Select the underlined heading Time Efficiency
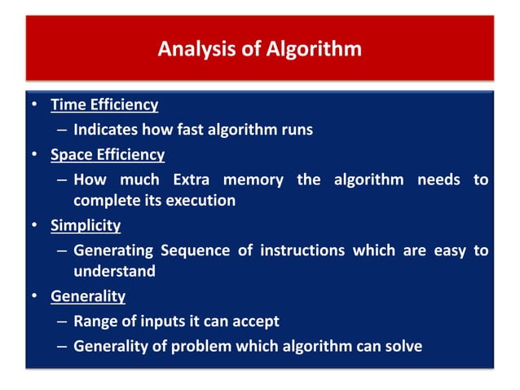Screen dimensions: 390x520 pos(104,104)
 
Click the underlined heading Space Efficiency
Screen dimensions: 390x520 pos(108,154)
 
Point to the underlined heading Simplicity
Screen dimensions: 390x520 pos(86,225)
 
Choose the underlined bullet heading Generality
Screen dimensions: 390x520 pos(88,296)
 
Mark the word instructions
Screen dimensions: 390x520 pos(302,250)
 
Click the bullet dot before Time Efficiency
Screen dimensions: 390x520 pos(35,105)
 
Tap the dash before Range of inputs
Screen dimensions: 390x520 pos(62,321)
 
